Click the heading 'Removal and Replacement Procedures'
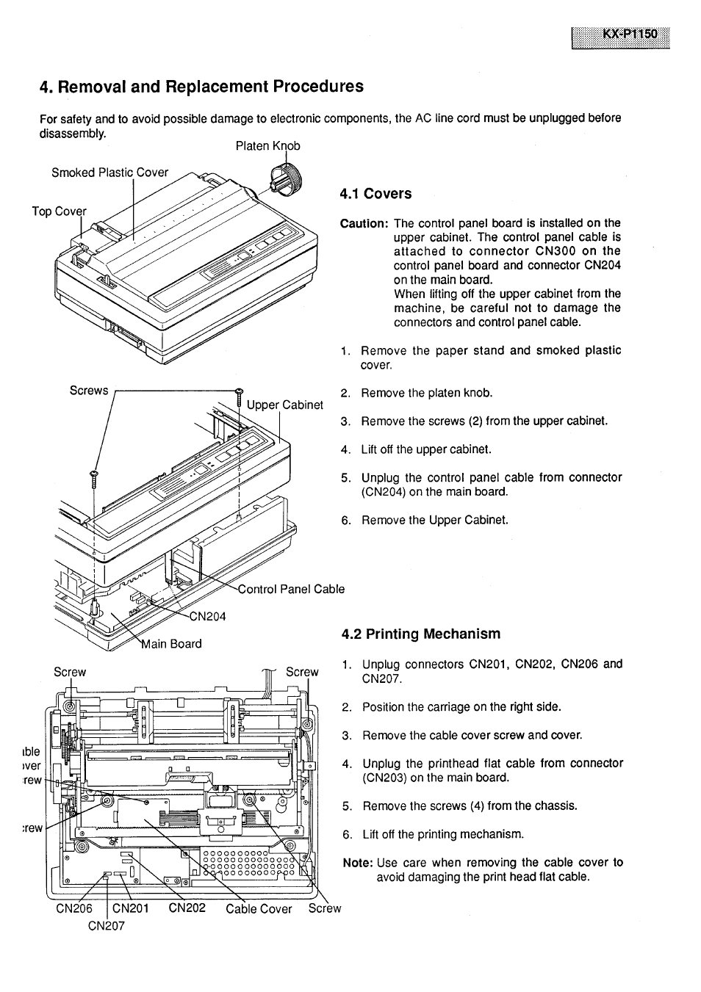[x=201, y=87]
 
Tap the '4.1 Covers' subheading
[x=375, y=194]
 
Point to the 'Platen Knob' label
[x=267, y=146]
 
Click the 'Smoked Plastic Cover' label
[x=109, y=173]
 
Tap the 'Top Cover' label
[x=59, y=211]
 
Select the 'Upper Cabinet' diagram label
[x=284, y=405]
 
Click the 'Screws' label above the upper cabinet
[x=88, y=391]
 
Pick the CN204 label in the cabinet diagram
[x=207, y=617]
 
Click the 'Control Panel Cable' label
[x=291, y=589]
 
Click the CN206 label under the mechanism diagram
[x=74, y=908]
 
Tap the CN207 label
[x=107, y=925]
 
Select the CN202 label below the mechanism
[x=187, y=908]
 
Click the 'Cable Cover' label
[x=259, y=909]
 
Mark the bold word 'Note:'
[x=358, y=863]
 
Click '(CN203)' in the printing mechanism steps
[x=386, y=778]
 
